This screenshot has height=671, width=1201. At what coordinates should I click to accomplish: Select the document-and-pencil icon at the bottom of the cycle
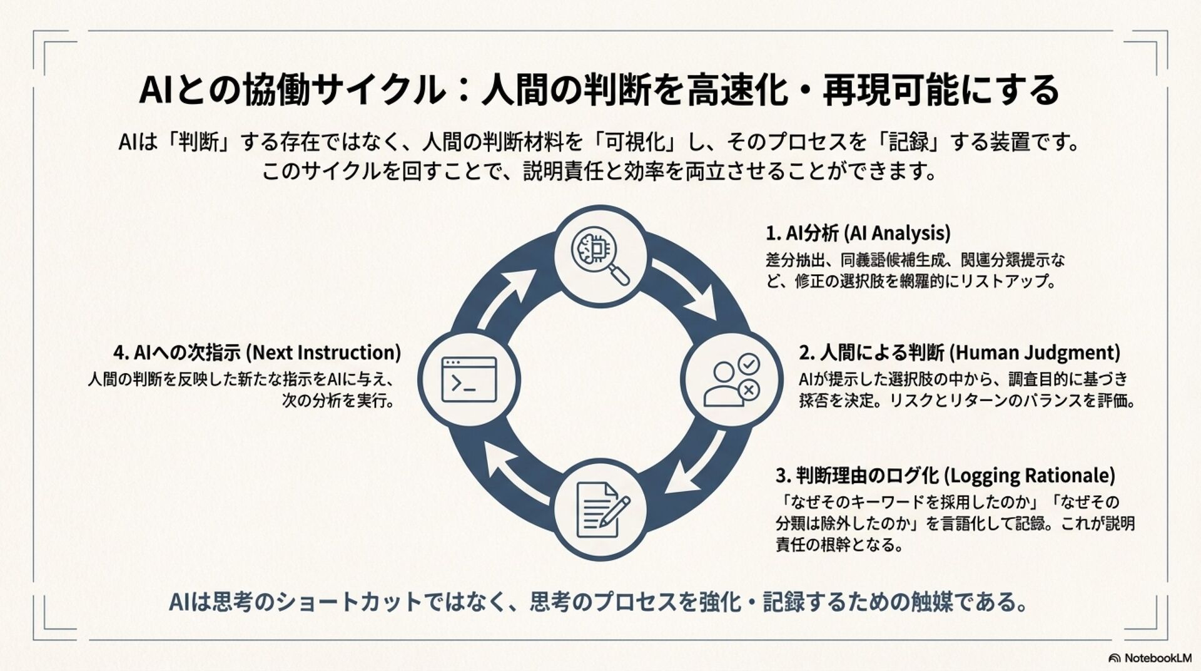[x=601, y=509]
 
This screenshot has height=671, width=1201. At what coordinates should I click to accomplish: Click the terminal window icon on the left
[x=469, y=379]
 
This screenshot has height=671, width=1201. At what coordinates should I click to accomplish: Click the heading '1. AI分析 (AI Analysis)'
[x=858, y=233]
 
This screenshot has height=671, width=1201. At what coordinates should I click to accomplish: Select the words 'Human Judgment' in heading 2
[x=1035, y=353]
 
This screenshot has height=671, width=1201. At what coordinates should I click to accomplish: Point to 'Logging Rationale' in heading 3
[x=1029, y=476]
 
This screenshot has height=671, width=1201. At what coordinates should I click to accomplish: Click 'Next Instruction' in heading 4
[x=323, y=353]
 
